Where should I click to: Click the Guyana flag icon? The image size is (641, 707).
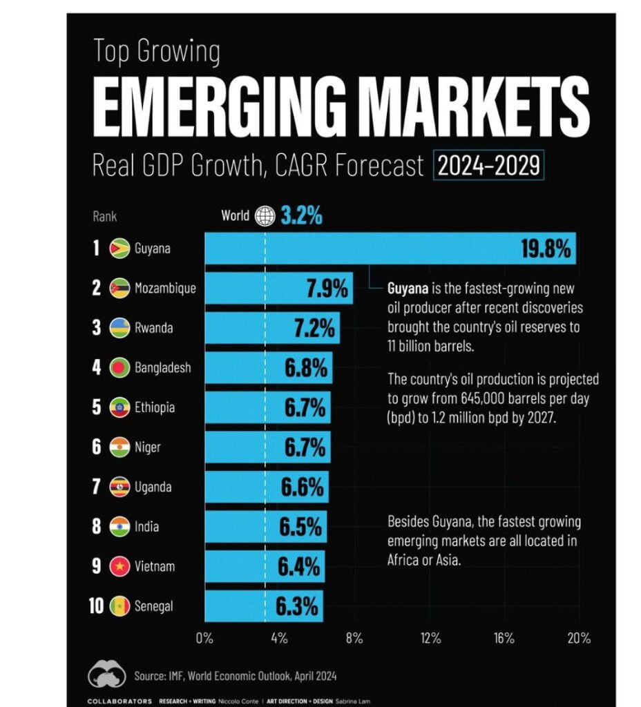(x=119, y=249)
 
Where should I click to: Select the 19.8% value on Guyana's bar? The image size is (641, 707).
(x=546, y=249)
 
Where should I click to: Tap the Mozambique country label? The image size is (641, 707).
(x=166, y=289)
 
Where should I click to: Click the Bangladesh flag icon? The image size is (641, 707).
(x=119, y=368)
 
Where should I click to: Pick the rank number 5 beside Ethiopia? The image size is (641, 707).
(x=97, y=407)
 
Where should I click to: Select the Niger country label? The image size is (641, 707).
(x=149, y=447)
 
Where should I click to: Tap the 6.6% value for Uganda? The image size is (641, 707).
(x=302, y=487)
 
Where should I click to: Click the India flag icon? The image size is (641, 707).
(x=119, y=527)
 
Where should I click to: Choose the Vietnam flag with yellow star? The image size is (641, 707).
(x=119, y=567)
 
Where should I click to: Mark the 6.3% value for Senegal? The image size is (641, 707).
(x=297, y=607)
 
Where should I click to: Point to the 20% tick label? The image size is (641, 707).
(x=577, y=638)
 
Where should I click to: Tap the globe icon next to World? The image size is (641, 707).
(x=265, y=216)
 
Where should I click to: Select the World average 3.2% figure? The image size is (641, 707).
(x=301, y=216)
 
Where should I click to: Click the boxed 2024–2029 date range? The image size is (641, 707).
(x=489, y=166)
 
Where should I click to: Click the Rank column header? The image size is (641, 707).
(x=104, y=216)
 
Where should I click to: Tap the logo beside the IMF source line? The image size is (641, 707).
(x=106, y=675)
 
